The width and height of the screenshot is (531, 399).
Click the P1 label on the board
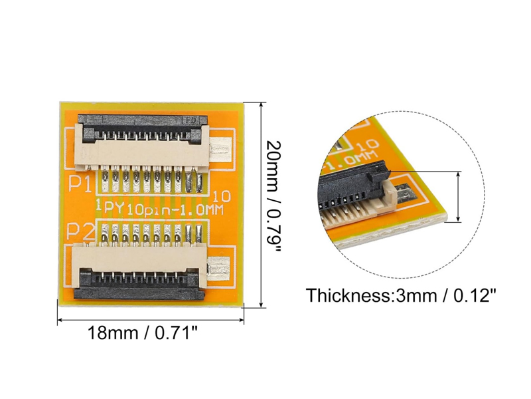click(80, 184)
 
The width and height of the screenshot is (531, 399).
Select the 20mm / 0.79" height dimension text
click(273, 196)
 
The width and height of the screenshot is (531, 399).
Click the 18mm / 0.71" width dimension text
click(143, 332)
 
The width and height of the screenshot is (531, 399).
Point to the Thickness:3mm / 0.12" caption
click(401, 295)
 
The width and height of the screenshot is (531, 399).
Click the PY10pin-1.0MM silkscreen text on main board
click(163, 208)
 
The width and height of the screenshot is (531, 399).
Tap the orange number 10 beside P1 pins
click(222, 196)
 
